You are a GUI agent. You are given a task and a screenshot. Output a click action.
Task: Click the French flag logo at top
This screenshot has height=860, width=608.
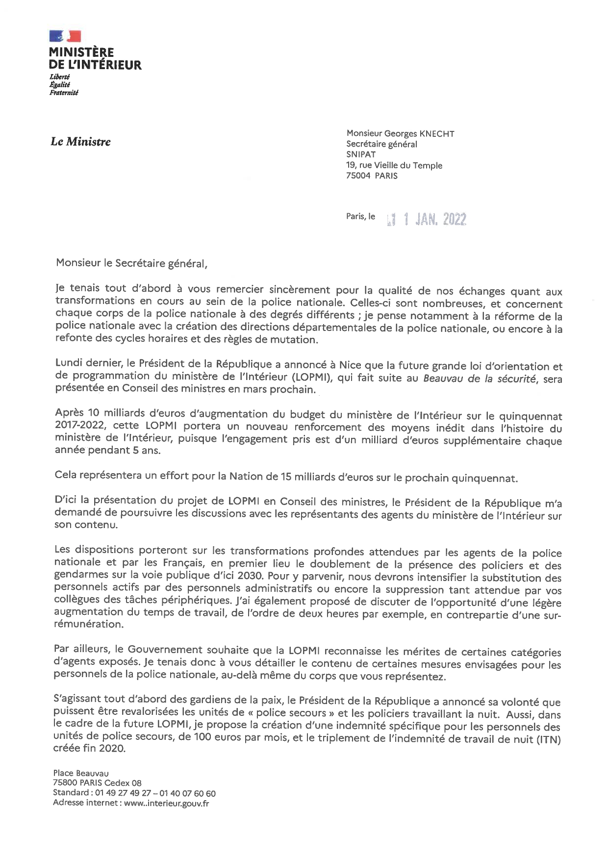tap(65, 36)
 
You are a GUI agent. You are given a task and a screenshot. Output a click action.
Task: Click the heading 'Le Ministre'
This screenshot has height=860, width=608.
tap(80, 142)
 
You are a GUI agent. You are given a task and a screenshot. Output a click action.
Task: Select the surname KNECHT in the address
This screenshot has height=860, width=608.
tap(436, 133)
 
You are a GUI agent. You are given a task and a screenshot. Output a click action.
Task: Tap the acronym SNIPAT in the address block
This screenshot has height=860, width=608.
tap(361, 154)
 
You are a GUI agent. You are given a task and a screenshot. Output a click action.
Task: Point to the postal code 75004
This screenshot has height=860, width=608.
tap(358, 176)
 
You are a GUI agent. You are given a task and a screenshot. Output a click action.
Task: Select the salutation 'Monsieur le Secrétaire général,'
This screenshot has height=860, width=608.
tap(131, 263)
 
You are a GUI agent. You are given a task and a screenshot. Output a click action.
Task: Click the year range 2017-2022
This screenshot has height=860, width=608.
tap(80, 426)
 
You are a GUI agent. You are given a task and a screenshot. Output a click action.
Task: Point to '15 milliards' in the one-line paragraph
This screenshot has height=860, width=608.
tap(308, 477)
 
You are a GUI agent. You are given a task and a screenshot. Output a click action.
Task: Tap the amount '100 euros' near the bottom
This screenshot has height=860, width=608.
tap(216, 737)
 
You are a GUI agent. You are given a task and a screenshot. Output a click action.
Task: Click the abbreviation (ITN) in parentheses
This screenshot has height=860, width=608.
tap(548, 739)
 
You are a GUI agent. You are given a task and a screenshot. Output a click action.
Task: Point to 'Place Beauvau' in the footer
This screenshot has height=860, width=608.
tap(81, 773)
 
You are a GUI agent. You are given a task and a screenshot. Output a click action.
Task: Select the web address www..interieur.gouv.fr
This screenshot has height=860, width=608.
tap(166, 803)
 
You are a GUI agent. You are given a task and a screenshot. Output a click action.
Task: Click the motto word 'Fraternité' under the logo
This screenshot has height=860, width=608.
tap(64, 92)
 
